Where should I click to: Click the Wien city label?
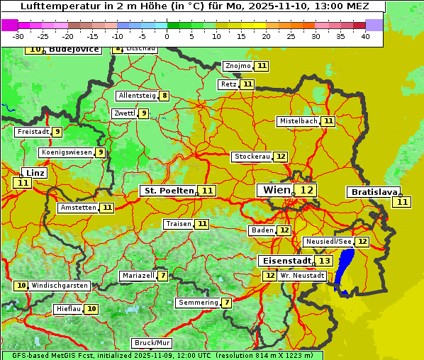pos(276,190)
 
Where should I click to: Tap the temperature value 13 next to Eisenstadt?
pos(324,261)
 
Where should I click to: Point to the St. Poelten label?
pos(169,191)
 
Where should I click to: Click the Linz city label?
pos(35,173)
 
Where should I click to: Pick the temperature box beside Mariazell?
pos(163,276)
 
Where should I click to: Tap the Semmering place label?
pos(199,303)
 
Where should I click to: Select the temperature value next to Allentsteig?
pos(164,96)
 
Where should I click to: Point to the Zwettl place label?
pos(124,113)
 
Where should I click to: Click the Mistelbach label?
pos(298,121)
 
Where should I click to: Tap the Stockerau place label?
pos(252,157)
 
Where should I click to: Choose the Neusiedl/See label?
pos(328,242)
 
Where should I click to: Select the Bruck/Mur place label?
pos(152,343)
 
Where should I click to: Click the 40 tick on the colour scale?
pos(364,35)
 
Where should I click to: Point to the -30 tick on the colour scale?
pos(18,35)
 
